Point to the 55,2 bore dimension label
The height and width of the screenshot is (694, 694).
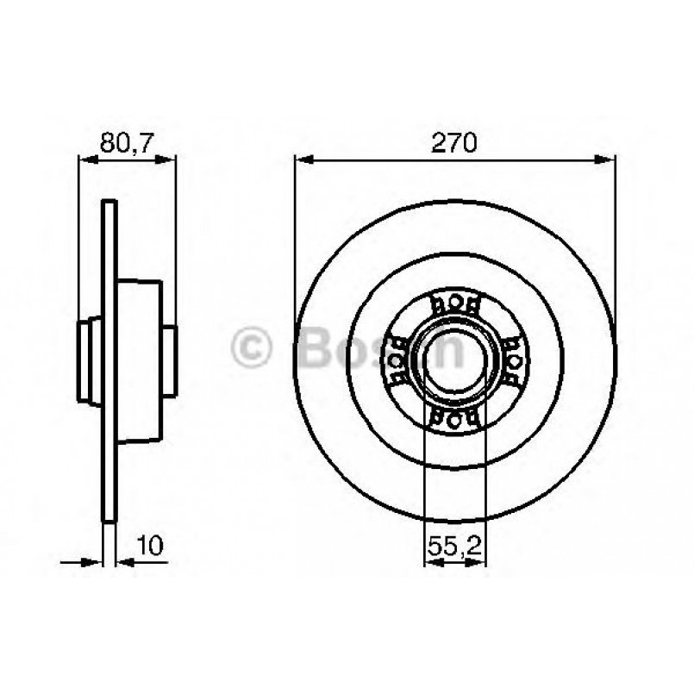pos(454,545)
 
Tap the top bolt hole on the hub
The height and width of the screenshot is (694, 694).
pos(454,303)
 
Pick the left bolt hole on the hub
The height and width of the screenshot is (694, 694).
pos(397,360)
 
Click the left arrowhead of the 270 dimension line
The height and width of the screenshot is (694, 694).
pos(302,159)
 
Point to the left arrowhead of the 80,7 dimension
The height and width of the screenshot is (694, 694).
pos(84,159)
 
